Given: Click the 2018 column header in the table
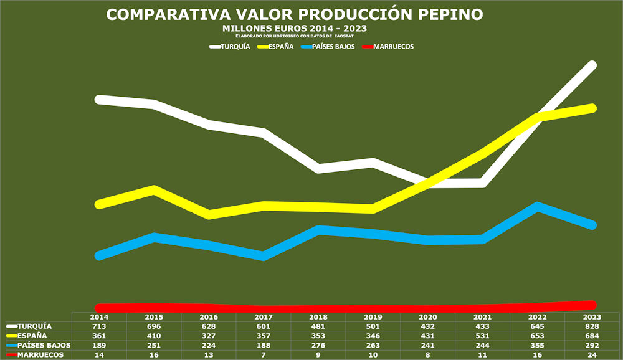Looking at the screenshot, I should [318, 317].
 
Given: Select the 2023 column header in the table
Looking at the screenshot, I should [592, 317].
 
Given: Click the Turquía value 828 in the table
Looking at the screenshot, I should [592, 326].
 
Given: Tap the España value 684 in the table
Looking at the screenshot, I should [592, 336].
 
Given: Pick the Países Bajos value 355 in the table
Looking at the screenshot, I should [537, 345].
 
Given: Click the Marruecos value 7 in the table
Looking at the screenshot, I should [264, 354].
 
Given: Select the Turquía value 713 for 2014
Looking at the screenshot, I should [100, 326].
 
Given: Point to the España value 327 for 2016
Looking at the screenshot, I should [209, 336].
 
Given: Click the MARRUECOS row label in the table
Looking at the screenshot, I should [40, 354].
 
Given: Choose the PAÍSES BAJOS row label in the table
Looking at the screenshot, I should [44, 345].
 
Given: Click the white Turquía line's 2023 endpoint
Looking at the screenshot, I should [592, 65].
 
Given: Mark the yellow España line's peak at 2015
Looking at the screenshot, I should [154, 189].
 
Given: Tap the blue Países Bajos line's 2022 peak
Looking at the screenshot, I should [537, 206].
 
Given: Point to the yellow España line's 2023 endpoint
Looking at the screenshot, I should [592, 108].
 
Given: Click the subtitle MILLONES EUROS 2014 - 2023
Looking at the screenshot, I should [294, 29].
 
